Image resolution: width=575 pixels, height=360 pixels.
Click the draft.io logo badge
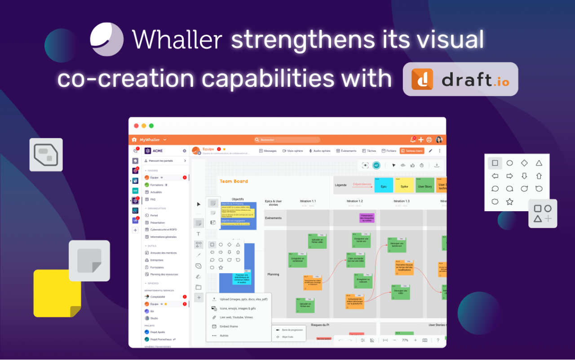pyautogui.click(x=460, y=79)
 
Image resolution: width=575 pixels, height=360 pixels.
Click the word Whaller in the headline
pyautogui.click(x=177, y=40)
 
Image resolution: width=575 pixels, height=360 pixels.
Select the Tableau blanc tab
pyautogui.click(x=411, y=151)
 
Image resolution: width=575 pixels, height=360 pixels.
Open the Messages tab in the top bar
pyautogui.click(x=268, y=151)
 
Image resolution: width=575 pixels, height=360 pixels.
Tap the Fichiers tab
pyautogui.click(x=389, y=151)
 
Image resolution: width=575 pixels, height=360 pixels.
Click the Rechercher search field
pyautogui.click(x=287, y=140)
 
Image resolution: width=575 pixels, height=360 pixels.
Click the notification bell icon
pyautogui.click(x=412, y=140)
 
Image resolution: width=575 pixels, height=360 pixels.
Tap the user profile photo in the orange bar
pyautogui.click(x=439, y=140)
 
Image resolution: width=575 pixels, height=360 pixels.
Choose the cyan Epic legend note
pyautogui.click(x=383, y=185)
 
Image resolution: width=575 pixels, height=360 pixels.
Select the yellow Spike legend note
pyautogui.click(x=404, y=185)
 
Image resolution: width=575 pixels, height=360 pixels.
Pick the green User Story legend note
pyautogui.click(x=425, y=185)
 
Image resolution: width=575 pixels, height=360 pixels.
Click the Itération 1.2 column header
pyautogui.click(x=354, y=201)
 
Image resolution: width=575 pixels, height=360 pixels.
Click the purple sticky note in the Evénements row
pyautogui.click(x=367, y=218)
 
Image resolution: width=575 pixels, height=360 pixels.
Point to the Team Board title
pyautogui.click(x=234, y=182)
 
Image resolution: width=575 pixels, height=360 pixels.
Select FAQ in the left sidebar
pyautogui.click(x=153, y=199)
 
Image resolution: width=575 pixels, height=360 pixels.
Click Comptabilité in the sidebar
pyautogui.click(x=157, y=297)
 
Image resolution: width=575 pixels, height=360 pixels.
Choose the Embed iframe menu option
pyautogui.click(x=229, y=326)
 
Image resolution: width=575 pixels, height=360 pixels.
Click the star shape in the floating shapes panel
pyautogui.click(x=509, y=202)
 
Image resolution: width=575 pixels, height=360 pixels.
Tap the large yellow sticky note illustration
pyautogui.click(x=57, y=293)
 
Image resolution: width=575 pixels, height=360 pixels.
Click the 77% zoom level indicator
pyautogui.click(x=405, y=340)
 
